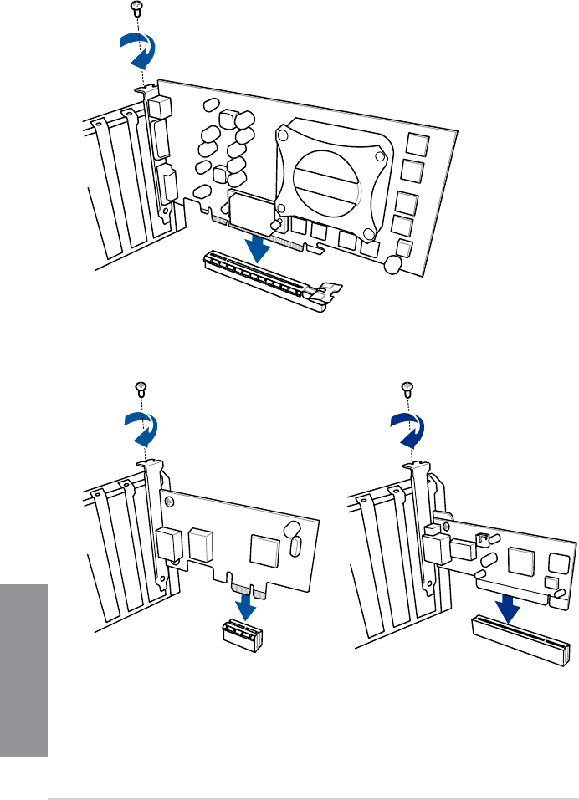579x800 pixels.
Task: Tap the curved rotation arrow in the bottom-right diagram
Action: (x=407, y=431)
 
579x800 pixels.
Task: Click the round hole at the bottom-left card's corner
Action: (x=170, y=502)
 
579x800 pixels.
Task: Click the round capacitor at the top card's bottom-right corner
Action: (x=392, y=263)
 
